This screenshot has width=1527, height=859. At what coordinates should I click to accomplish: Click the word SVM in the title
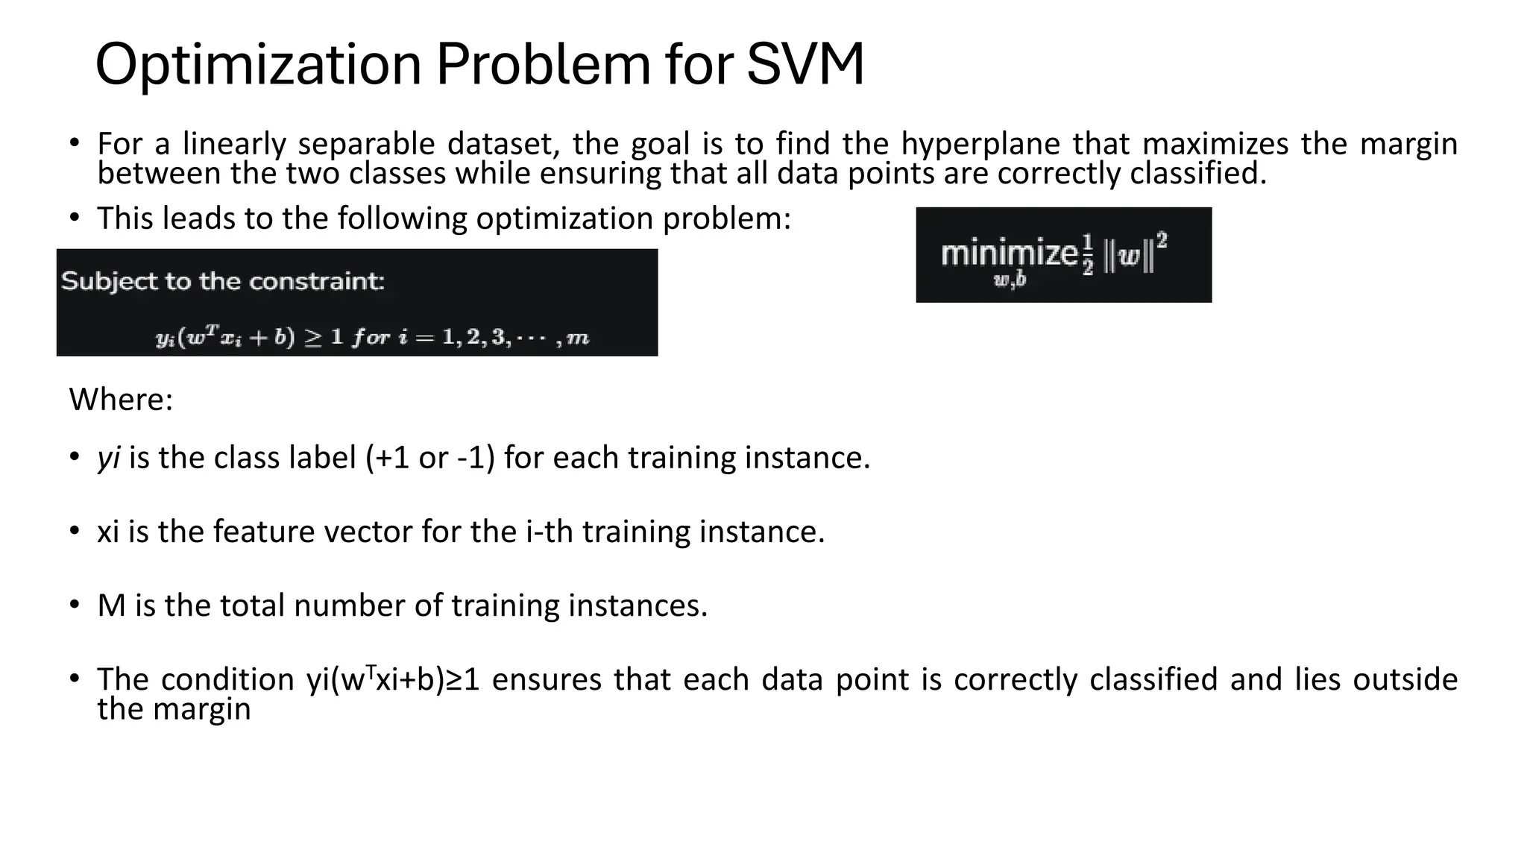805,64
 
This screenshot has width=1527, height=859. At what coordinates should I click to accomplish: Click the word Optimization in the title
259,64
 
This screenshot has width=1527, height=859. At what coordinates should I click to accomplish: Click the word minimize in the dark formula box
1008,254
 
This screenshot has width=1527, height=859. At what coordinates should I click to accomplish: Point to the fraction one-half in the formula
1088,254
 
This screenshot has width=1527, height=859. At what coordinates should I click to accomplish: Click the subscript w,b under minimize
1010,280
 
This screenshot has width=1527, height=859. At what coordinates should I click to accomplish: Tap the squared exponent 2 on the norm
1162,240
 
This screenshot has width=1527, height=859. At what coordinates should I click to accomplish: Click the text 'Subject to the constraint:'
222,281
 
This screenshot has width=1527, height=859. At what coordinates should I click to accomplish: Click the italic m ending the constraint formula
578,338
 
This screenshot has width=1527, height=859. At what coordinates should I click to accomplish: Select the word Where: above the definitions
121,400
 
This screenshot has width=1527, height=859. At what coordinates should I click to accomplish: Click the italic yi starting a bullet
109,458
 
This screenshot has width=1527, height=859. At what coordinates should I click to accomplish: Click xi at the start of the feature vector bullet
108,532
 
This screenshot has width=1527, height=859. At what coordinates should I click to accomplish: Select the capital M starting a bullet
111,605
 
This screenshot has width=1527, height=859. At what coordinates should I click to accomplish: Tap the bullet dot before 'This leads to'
74,218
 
